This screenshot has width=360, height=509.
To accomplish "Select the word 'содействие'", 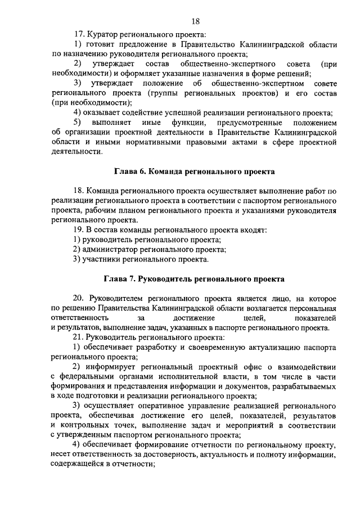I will pos(126,112).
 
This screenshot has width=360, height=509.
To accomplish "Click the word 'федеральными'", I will pos(89,376).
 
